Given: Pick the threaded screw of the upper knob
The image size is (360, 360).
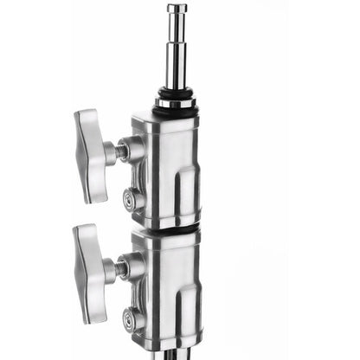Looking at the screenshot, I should [112, 153].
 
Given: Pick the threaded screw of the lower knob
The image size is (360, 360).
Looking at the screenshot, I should [112, 267].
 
